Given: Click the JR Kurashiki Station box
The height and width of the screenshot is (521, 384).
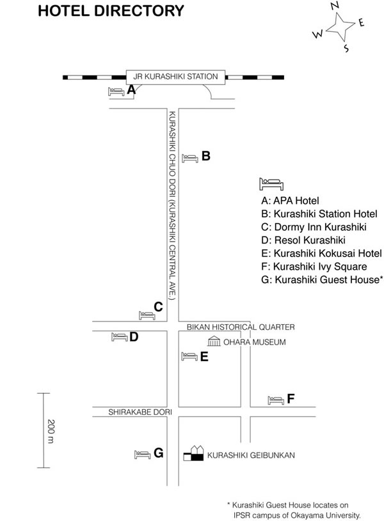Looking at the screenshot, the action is coord(175,77).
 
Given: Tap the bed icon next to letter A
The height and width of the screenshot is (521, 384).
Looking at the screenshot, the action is coord(116,91).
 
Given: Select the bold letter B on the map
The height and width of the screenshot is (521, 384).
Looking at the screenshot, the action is coord(206,156).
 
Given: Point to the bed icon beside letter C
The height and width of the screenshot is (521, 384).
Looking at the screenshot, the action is coord(147,315).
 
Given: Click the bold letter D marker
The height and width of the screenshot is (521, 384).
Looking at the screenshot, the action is coord(134,337).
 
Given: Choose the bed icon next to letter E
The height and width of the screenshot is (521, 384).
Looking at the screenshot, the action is coord(189,357).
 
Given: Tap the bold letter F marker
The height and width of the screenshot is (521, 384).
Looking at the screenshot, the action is coord(291,398).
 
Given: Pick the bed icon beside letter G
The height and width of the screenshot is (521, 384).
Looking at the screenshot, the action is coord(143,455).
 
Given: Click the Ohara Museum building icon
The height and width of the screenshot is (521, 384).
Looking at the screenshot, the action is coord(214,341).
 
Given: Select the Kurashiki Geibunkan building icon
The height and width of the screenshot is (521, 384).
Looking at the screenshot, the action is coord(193,453).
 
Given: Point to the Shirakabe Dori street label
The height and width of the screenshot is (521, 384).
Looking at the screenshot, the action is coord(140,412).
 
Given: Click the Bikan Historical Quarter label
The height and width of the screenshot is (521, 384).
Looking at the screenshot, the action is coord(241,327).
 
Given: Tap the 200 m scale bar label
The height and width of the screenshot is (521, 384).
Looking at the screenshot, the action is coord(51,432).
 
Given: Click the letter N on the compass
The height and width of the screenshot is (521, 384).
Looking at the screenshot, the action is coord(335,6).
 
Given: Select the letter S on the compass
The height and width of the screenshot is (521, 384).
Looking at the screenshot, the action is coord(346,49).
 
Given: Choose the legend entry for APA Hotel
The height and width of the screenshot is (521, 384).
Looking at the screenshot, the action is coord(290,201).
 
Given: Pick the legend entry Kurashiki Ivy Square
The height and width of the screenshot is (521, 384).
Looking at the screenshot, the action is coord(314,267).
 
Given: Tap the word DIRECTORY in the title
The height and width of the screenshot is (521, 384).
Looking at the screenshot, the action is coord(139,11).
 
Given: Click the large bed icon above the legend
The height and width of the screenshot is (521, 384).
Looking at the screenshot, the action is coord(271,184).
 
